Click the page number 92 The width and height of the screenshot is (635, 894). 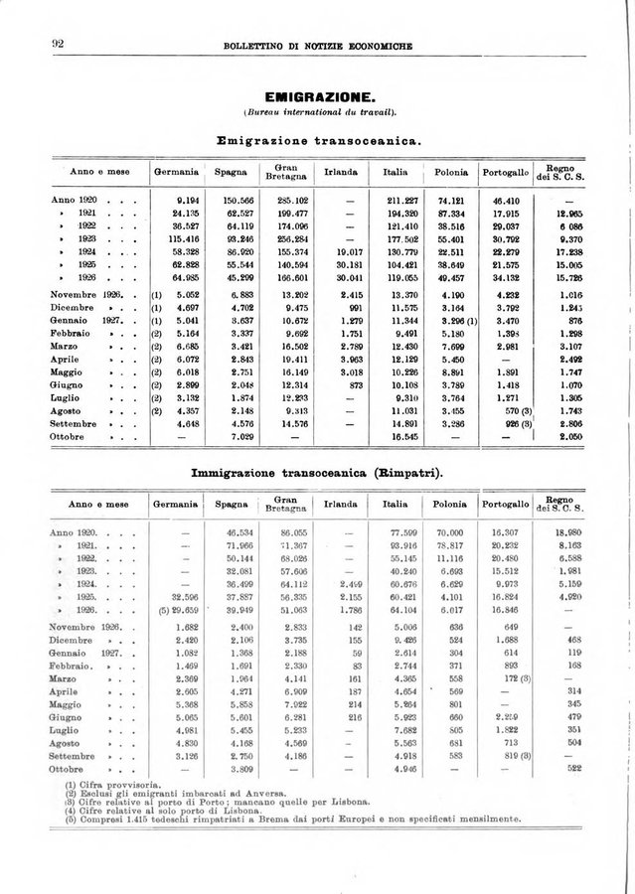(44, 44)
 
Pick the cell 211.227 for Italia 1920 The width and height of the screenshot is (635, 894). (398, 201)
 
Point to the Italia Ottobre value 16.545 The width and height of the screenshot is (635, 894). (399, 436)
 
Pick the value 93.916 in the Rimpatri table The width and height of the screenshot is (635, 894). (398, 546)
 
